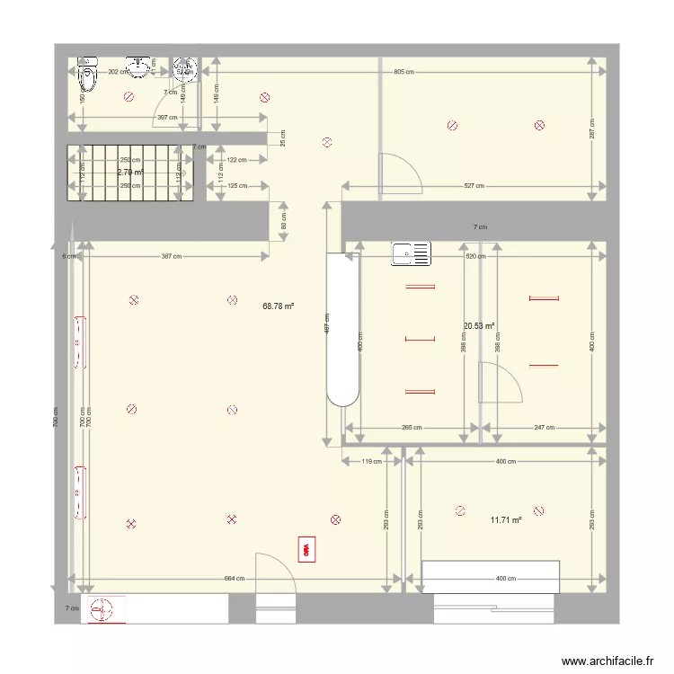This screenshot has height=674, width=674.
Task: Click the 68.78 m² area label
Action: click(279, 306)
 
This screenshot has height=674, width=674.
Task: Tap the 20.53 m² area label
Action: click(479, 326)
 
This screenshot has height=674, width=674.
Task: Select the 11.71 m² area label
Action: click(506, 519)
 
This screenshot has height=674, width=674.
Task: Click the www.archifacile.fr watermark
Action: click(607, 661)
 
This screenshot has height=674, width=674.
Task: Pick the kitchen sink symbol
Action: click(411, 254)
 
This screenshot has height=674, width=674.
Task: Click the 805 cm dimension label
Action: click(404, 72)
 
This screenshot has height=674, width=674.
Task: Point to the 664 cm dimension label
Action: click(234, 579)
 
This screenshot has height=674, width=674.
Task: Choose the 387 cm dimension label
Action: click(171, 256)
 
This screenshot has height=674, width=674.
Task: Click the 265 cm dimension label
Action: click(412, 428)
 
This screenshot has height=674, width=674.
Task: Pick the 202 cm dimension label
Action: click(116, 72)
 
